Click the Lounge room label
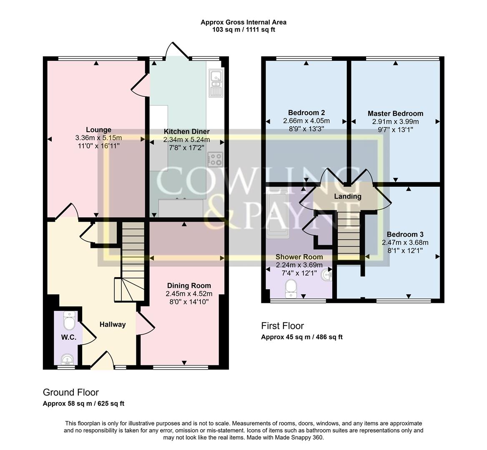[98, 130]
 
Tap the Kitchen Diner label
[186, 132]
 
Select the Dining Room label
[189, 285]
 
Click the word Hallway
[112, 325]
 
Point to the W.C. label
[69, 337]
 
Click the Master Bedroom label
[395, 113]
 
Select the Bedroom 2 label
[306, 112]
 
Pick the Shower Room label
[299, 257]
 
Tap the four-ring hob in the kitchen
[215, 159]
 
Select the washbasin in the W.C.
[66, 359]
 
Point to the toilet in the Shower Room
[291, 288]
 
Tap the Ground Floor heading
[71, 392]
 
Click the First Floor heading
[282, 326]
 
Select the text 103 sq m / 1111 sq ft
[243, 30]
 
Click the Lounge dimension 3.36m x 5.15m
[98, 138]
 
